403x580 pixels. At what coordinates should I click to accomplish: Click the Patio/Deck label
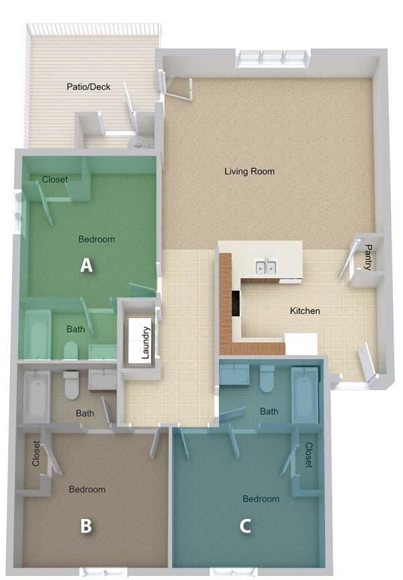89,87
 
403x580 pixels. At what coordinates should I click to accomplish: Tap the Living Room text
249,171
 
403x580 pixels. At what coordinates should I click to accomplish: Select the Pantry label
368,256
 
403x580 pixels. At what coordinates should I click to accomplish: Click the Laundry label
146,342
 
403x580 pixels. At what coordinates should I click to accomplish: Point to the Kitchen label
305,311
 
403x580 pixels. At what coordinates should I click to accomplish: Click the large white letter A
86,265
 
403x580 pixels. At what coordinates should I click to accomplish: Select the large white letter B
86,526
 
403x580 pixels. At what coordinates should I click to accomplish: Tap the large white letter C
245,526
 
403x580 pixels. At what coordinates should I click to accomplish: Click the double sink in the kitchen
266,267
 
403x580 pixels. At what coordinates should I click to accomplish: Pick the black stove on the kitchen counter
236,303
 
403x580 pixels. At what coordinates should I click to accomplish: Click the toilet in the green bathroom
71,350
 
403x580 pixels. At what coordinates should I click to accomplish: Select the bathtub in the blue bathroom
304,395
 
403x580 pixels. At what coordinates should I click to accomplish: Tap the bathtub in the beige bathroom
36,397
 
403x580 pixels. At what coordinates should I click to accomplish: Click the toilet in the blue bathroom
267,378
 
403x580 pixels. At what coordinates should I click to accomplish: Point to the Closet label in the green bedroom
55,179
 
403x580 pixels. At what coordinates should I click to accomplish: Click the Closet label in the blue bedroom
309,455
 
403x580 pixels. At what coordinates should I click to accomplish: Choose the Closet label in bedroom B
36,453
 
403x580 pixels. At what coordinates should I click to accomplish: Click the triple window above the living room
273,58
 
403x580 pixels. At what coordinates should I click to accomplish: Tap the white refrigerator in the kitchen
301,344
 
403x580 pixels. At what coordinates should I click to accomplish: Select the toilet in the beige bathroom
71,385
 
